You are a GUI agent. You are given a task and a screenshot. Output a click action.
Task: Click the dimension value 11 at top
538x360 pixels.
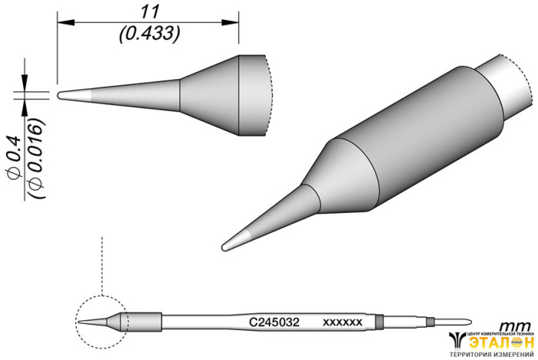(x=151, y=12)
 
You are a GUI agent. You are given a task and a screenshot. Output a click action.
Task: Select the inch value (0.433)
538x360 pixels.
(x=150, y=34)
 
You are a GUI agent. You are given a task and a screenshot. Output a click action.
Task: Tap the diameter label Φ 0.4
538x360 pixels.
(x=15, y=158)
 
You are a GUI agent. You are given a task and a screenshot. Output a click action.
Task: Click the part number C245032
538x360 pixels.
(x=274, y=322)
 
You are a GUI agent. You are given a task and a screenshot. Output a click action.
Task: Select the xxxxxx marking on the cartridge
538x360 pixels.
(x=342, y=322)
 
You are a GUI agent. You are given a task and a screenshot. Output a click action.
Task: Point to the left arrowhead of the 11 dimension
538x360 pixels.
(x=66, y=22)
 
